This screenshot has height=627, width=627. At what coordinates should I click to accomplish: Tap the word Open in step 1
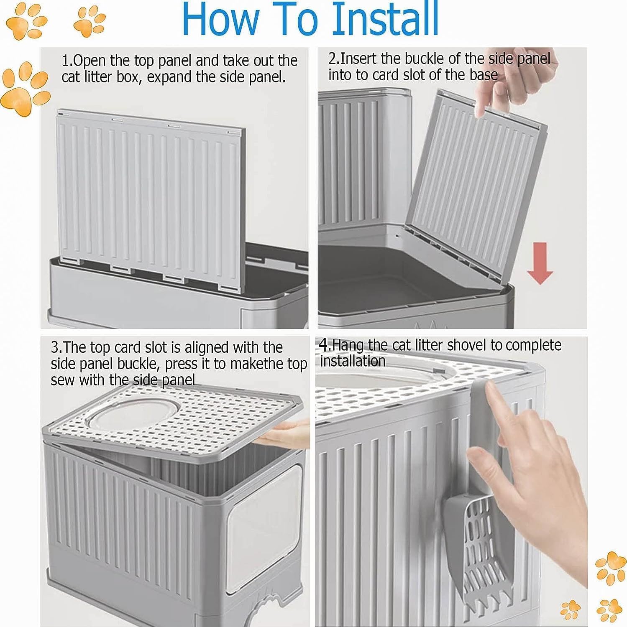point(90,61)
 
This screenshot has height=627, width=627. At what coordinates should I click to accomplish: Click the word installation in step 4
point(353,361)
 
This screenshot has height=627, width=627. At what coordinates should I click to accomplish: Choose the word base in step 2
point(484,75)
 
